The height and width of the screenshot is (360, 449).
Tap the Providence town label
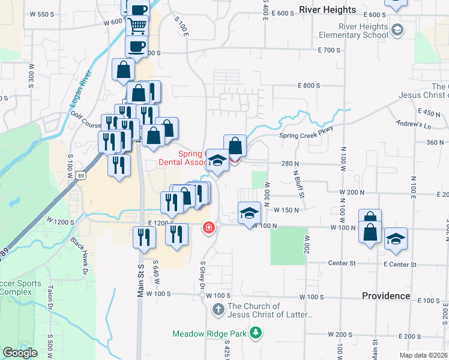[386, 296]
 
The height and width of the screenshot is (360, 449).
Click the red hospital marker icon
[208, 228]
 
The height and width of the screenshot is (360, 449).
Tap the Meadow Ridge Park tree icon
[256, 332]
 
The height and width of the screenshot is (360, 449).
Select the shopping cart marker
[137, 26]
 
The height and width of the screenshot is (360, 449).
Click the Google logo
[20, 353]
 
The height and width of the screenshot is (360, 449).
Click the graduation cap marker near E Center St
[396, 239]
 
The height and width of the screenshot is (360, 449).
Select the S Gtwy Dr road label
[202, 275]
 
